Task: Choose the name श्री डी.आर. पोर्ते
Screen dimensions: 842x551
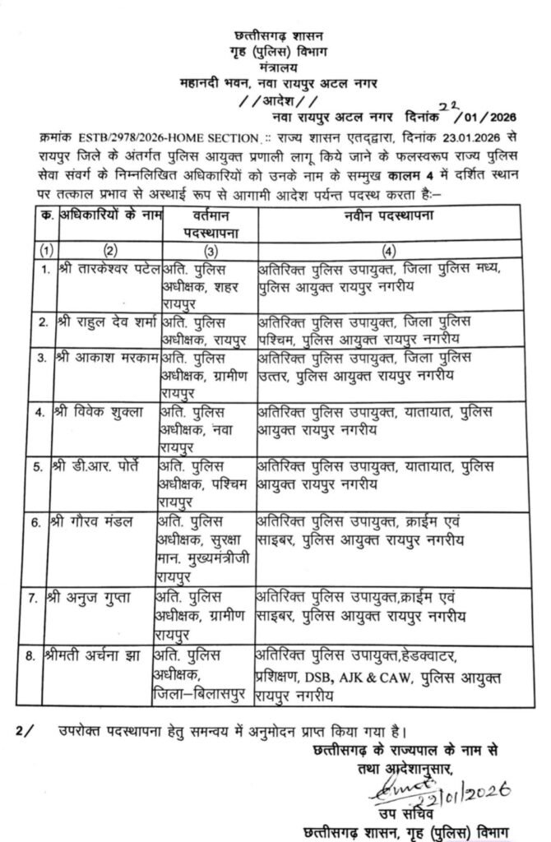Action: click(104, 465)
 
